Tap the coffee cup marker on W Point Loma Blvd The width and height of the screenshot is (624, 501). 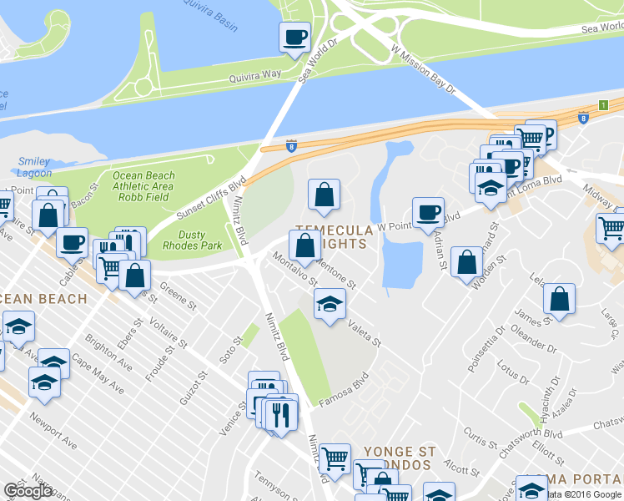tap(428, 212)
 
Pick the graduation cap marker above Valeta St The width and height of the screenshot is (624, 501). tap(330, 303)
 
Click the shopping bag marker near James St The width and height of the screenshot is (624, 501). tap(559, 298)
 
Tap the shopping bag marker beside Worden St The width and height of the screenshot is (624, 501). tap(466, 261)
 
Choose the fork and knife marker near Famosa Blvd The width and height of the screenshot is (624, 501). tap(280, 413)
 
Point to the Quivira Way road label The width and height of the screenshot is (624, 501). tap(255, 76)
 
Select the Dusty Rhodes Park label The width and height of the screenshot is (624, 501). tap(192, 240)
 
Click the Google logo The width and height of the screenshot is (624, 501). tap(28, 491)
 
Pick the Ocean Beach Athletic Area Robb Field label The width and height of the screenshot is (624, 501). tap(143, 186)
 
